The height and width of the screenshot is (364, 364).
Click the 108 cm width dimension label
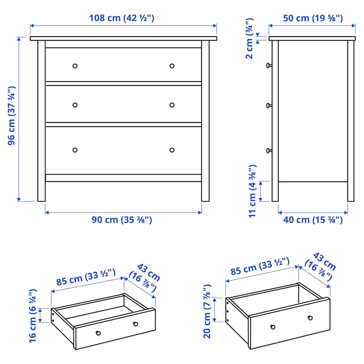tap(122, 18)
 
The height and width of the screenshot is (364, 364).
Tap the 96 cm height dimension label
tap(12, 116)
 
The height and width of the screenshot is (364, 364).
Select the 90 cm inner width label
tap(122, 220)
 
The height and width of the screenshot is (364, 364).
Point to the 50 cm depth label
tap(313, 18)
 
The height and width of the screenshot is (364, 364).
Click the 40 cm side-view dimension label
tap(313, 220)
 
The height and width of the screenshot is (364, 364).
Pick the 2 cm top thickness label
tap(249, 38)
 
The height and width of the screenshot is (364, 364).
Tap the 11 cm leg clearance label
tap(252, 191)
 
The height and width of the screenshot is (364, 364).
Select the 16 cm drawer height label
tap(33, 316)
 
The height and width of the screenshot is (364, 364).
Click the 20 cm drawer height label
tap(207, 311)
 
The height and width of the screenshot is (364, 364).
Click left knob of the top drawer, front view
tap(75, 66)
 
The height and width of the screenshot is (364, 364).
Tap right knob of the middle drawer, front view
tap(172, 105)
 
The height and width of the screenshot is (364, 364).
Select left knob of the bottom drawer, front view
tap(75, 150)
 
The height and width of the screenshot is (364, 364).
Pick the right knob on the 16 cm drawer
tap(135, 324)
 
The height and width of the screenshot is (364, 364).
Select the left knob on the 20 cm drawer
tap(273, 327)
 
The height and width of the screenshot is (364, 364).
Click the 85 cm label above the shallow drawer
tap(86, 277)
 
